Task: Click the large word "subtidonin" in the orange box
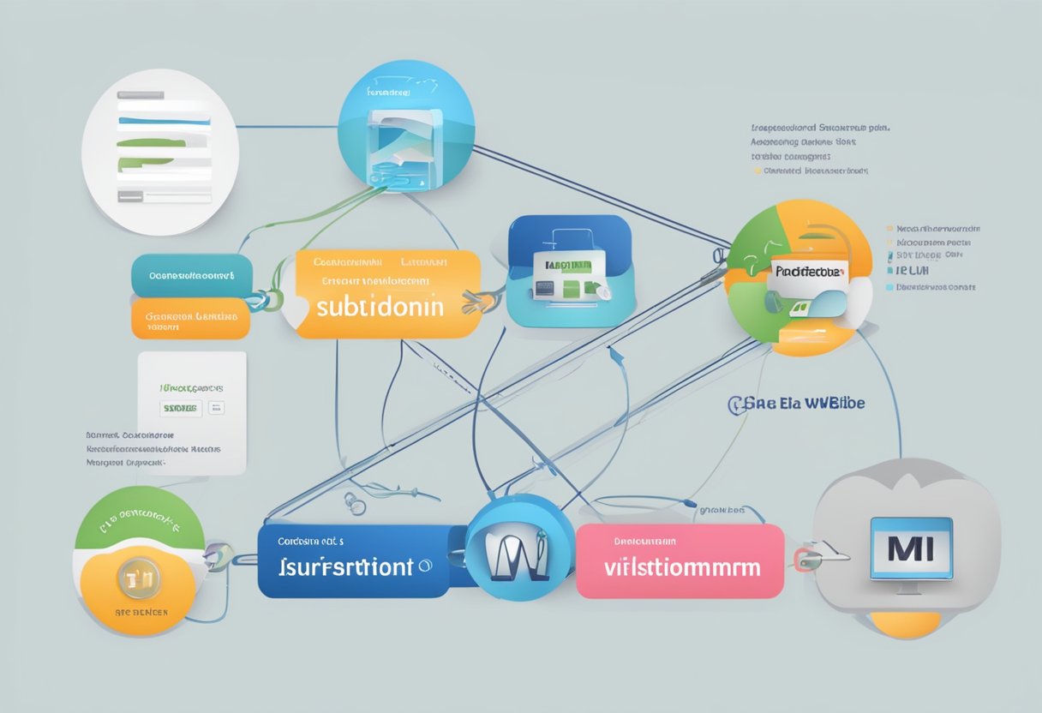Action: pos(380,307)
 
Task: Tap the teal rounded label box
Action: pos(191,275)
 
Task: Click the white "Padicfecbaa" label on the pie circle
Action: pos(809,271)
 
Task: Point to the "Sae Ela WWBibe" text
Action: pos(797,403)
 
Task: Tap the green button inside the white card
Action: pos(180,408)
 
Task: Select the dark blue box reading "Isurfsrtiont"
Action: pos(354,560)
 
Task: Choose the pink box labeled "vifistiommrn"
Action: pos(680,561)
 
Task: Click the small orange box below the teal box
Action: pos(190,319)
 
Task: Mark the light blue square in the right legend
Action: pos(889,269)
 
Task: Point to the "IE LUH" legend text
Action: pos(914,269)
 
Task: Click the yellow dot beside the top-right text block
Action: pos(756,171)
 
